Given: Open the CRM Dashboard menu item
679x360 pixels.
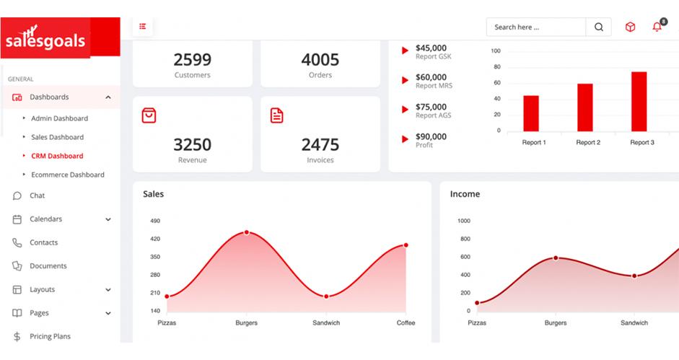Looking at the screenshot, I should [57, 156].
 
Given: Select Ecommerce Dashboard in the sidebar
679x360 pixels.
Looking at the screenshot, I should [67, 175].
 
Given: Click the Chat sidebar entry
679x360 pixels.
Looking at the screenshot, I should [37, 196].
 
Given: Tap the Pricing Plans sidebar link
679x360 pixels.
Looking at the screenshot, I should [50, 336].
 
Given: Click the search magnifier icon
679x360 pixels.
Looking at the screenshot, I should [598, 27].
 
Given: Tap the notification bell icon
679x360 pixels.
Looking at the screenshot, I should [657, 27].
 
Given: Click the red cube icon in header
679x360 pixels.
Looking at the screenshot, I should [630, 27].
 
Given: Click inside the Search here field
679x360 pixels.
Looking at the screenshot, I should [535, 27].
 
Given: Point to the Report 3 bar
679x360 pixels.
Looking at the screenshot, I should [639, 101].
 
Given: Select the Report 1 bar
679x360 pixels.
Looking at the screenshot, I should [531, 113].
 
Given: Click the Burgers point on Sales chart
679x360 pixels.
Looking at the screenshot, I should [247, 232].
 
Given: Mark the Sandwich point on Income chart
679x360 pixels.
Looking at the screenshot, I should [634, 276].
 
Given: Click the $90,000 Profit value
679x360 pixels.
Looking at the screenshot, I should [431, 136].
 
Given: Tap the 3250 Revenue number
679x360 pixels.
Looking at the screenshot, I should [192, 144].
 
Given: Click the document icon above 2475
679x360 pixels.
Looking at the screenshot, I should [276, 115].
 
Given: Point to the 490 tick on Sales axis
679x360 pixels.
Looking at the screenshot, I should [155, 221].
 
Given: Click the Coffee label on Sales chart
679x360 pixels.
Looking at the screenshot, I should [406, 322].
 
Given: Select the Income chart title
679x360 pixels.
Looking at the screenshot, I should [465, 194].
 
